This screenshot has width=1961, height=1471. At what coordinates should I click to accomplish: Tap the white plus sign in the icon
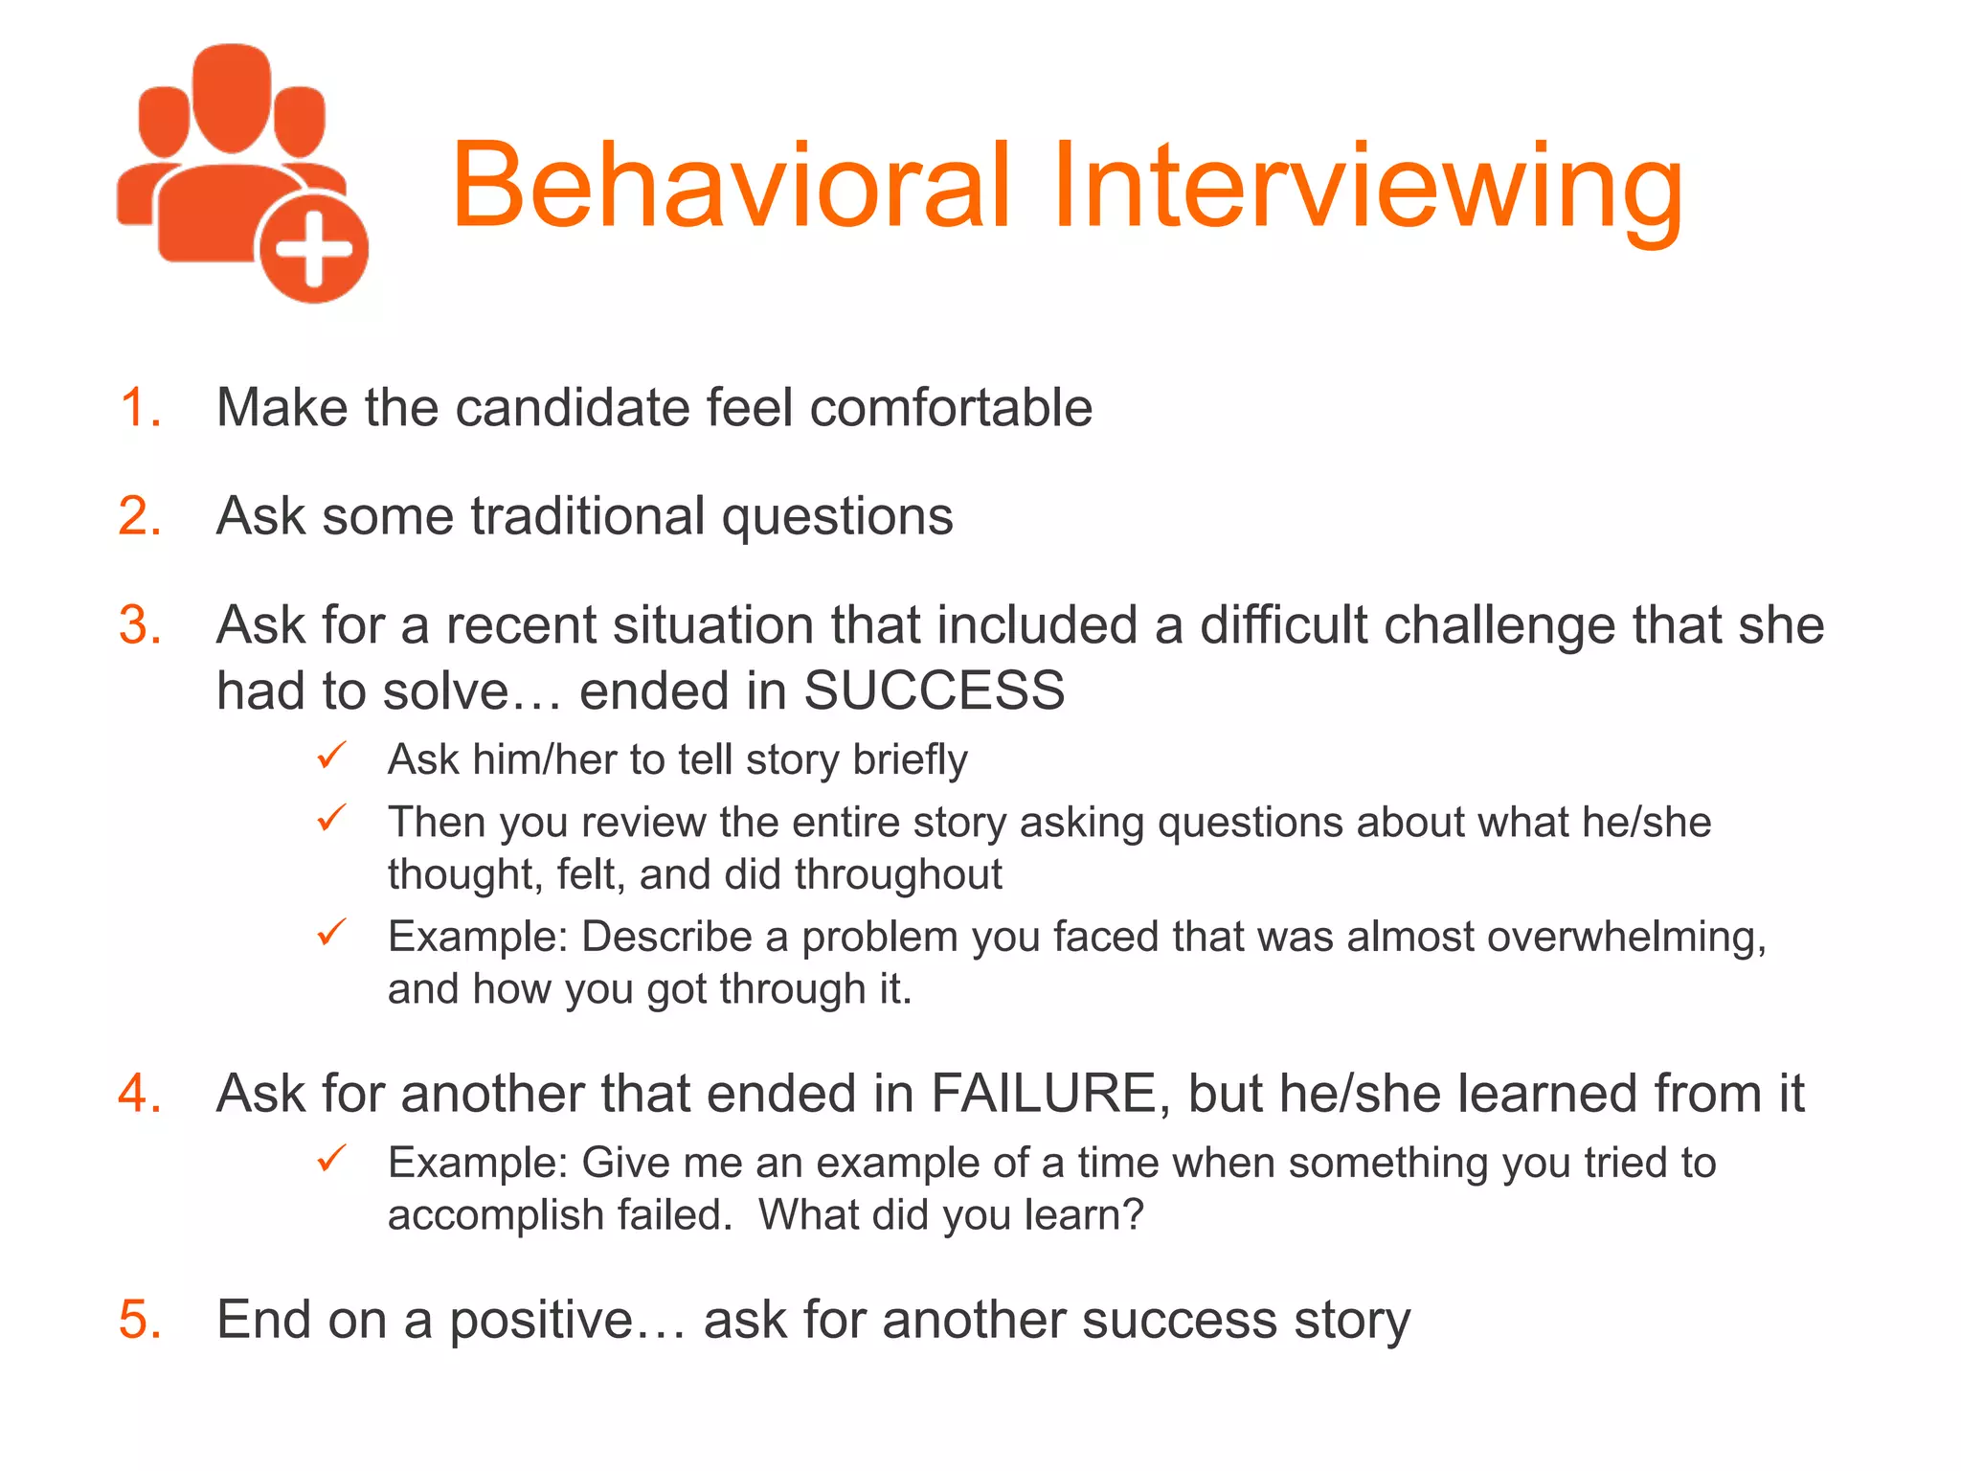[314, 251]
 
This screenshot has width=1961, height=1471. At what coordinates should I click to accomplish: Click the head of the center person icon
[232, 96]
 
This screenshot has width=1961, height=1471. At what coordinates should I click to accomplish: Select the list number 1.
[140, 407]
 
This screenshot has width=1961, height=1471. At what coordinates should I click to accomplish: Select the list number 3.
[140, 625]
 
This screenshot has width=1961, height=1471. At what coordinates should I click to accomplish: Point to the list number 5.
[140, 1320]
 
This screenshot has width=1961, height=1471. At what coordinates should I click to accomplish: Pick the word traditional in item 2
[587, 516]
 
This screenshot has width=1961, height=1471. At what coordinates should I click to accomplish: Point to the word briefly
[910, 760]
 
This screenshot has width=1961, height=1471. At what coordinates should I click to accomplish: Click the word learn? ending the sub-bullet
[1084, 1215]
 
